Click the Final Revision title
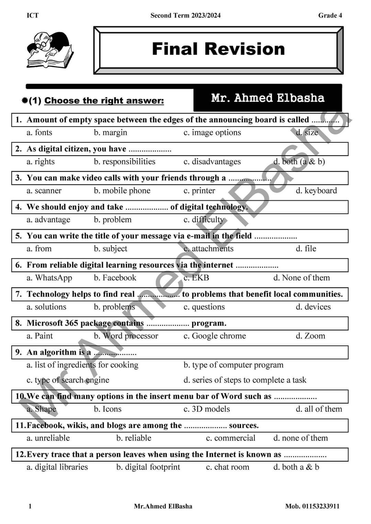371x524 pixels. point(218,49)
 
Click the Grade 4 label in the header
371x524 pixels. point(330,15)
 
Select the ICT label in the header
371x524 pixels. point(33,15)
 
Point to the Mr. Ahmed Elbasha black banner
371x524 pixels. point(268,98)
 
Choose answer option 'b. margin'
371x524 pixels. point(110,132)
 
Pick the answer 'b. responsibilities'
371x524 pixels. point(124,162)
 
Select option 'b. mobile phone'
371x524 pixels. point(122,191)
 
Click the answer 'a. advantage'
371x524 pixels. point(48,220)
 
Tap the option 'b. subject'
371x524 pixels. point(110,249)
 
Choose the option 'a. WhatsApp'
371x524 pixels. point(49,278)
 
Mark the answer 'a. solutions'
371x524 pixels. point(46,307)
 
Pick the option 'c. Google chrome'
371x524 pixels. point(215,336)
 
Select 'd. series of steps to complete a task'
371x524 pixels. point(245,380)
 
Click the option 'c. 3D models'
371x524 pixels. point(206,409)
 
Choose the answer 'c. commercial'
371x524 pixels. point(231,438)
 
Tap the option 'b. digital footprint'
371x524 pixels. point(148,467)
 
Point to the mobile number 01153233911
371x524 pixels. point(312,506)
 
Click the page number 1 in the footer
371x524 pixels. point(30,506)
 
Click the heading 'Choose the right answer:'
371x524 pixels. point(104,101)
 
